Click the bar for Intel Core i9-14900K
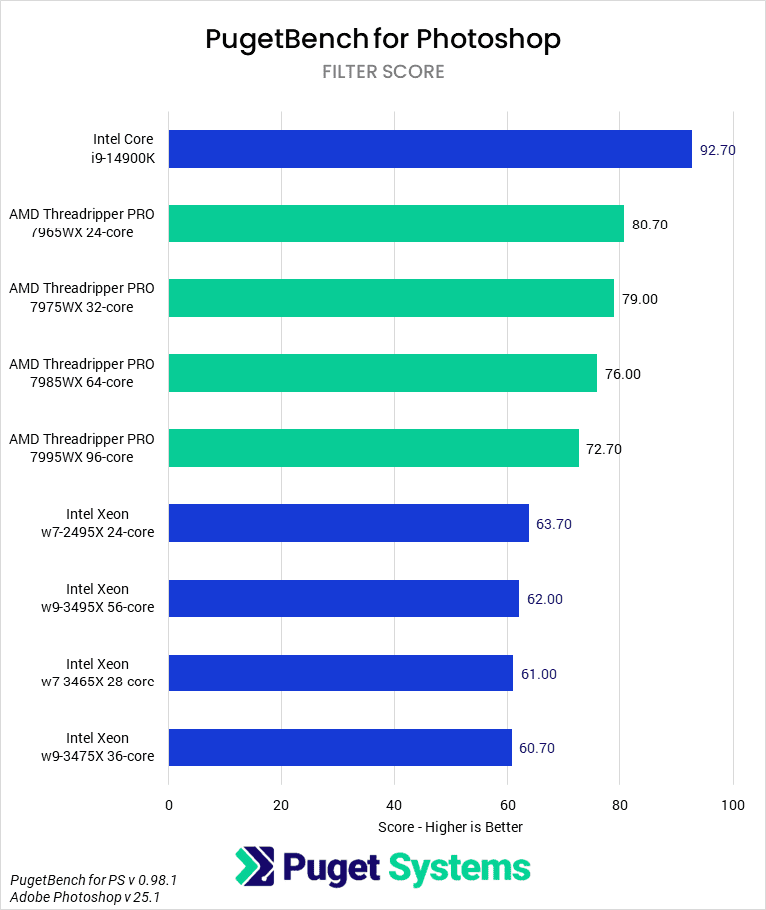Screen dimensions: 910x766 tap(430, 149)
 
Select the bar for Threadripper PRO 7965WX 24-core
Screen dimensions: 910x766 tap(396, 224)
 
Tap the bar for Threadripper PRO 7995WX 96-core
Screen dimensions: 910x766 tap(373, 448)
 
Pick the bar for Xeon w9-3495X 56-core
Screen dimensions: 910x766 tap(343, 598)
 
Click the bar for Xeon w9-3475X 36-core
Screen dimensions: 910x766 tap(339, 747)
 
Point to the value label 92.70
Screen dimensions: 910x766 tap(717, 150)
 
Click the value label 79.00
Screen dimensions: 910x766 tap(639, 299)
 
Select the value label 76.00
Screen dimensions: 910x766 tap(622, 374)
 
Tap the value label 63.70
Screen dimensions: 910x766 tap(553, 524)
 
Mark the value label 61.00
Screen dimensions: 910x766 tap(538, 674)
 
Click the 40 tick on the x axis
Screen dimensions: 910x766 tap(394, 805)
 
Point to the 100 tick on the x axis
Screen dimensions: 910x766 tap(733, 805)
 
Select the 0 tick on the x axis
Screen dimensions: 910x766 tap(169, 805)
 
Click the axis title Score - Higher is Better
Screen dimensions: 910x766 tap(450, 827)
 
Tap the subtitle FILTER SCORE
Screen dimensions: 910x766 tap(383, 72)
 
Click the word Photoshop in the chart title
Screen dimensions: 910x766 tap(488, 39)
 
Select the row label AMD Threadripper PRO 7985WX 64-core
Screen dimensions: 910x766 tap(82, 373)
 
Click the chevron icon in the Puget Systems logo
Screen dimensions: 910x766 tap(255, 867)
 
